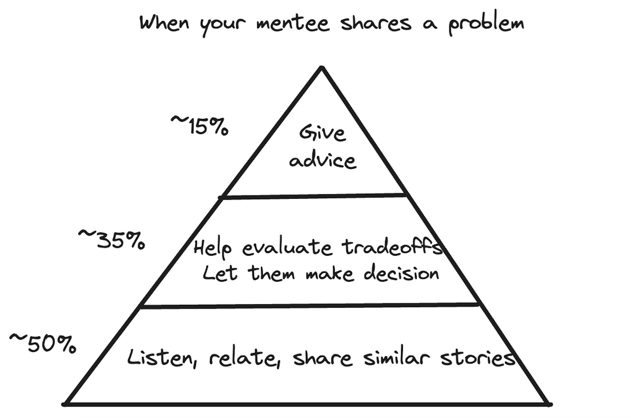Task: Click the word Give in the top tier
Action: (322, 133)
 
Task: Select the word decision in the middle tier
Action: (401, 273)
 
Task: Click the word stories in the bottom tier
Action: (478, 358)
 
